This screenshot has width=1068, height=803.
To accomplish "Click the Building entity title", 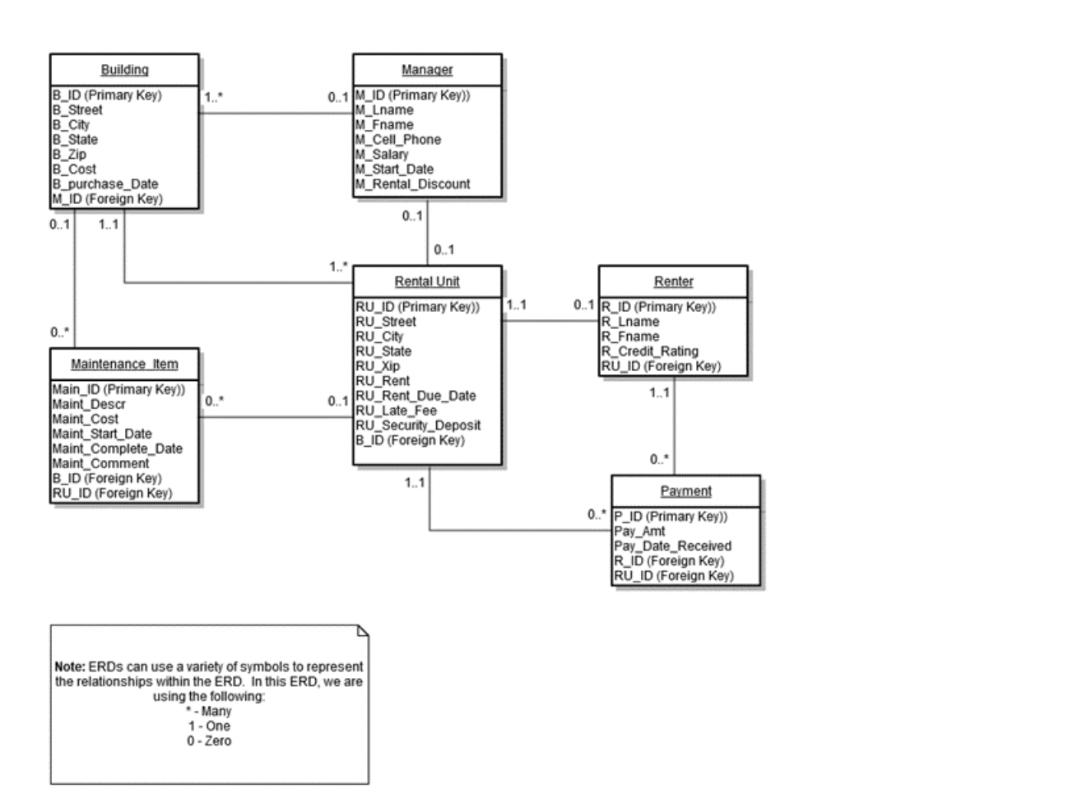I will [x=124, y=70].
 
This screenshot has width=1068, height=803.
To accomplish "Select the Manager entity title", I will [x=426, y=70].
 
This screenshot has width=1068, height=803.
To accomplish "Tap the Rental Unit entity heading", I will [x=426, y=281].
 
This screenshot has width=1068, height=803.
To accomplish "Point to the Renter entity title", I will [x=673, y=281].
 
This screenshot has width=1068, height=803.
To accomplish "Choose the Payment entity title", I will [x=685, y=491].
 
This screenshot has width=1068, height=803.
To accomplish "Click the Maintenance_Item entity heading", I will [x=124, y=364].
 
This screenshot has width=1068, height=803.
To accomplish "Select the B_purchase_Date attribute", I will [x=104, y=184].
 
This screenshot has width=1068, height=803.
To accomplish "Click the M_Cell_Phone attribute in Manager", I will [x=398, y=140].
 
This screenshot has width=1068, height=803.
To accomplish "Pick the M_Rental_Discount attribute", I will [x=412, y=184].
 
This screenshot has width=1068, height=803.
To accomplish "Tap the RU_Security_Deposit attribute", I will [x=418, y=425].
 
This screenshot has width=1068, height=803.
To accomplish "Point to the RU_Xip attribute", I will [x=379, y=366].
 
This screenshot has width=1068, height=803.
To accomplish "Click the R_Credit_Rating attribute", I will [x=649, y=351].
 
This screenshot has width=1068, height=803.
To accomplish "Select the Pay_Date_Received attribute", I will [x=672, y=546].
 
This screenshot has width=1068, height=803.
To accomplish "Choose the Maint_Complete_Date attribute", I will [x=117, y=448].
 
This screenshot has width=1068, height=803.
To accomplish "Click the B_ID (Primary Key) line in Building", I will [x=107, y=95].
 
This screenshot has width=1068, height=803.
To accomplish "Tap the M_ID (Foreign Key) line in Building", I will [x=107, y=199].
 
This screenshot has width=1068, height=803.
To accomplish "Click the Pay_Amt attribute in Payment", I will [x=639, y=531].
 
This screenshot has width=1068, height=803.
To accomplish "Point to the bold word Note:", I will [x=69, y=667].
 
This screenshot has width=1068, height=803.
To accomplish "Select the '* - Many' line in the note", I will [x=208, y=712].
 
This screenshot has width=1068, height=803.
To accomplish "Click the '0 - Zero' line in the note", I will [x=208, y=741].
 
